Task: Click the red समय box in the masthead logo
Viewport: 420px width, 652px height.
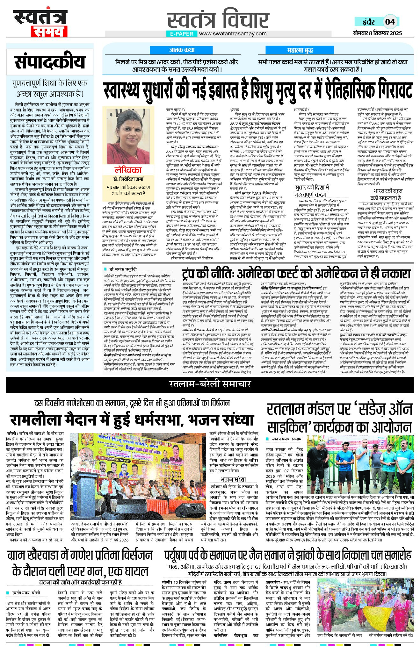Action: pos(49,31)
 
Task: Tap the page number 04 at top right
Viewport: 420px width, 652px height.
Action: pos(390,22)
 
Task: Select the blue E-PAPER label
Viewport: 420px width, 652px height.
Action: pos(182,33)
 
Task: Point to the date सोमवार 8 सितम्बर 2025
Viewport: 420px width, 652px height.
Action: pos(377,33)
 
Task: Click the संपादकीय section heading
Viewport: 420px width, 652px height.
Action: pos(50,62)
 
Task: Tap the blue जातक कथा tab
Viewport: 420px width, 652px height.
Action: pos(182,50)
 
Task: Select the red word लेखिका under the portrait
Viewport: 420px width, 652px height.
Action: pos(128,170)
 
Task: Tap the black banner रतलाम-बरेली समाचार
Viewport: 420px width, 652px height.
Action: pos(210,384)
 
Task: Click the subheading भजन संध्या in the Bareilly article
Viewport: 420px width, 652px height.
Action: pos(233,479)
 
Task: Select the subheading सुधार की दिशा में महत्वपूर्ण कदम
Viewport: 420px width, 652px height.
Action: pos(312,191)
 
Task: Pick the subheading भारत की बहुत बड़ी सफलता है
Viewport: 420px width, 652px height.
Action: pos(380,194)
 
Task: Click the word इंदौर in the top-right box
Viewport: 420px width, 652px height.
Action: pos(369,22)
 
